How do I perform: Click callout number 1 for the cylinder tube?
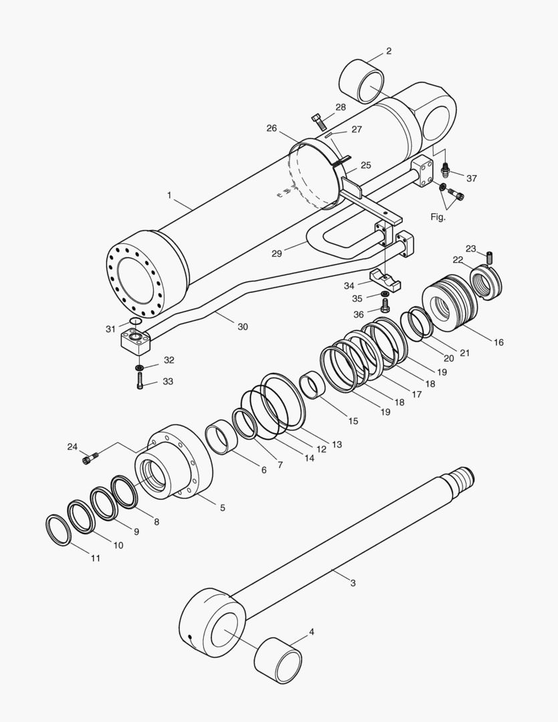[170, 196]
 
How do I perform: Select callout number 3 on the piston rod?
[353, 583]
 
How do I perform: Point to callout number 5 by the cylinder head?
[223, 508]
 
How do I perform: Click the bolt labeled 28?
[319, 122]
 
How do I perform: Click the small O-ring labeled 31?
[136, 321]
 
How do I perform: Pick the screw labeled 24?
[90, 459]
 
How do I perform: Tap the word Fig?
[438, 217]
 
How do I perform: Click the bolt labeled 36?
[386, 306]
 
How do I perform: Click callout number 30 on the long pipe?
[242, 327]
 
